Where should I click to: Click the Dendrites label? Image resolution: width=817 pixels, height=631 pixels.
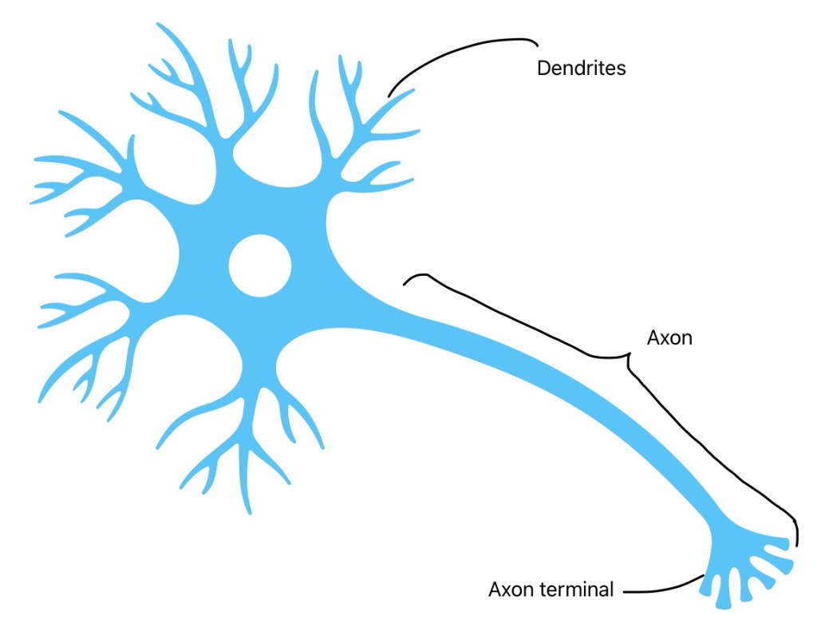pos(581,69)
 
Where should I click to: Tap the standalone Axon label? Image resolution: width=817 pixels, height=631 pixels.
pos(669,337)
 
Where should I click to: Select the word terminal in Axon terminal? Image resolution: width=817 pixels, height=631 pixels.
pos(581,590)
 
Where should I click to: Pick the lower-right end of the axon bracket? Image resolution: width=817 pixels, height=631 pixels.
pos(795,542)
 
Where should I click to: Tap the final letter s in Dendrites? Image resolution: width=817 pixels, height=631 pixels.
pos(622,69)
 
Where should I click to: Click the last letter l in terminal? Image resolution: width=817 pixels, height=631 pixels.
pos(612,590)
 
